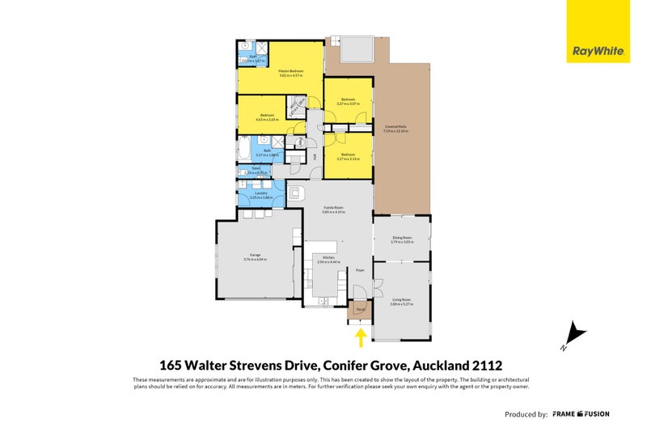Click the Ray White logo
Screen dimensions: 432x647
tap(598, 49)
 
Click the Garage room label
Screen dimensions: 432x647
tap(255, 258)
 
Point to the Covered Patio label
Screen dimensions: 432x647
tap(395, 128)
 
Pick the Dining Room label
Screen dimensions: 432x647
tap(402, 239)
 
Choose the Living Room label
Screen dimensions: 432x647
tap(402, 303)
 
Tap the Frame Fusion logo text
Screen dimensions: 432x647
tap(581, 413)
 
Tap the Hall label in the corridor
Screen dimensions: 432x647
tap(316, 157)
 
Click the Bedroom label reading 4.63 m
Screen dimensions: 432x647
tap(267, 117)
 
